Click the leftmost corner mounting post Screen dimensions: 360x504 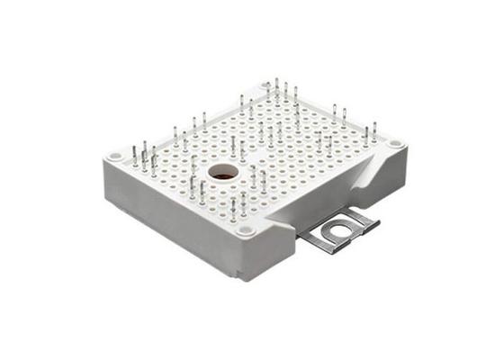tap(115, 157)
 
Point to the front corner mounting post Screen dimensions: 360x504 tap(246, 230)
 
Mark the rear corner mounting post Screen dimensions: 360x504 tap(266, 86)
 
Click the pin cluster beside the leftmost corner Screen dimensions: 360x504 tap(144, 160)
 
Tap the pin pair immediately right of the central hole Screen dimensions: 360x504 tap(257, 177)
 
